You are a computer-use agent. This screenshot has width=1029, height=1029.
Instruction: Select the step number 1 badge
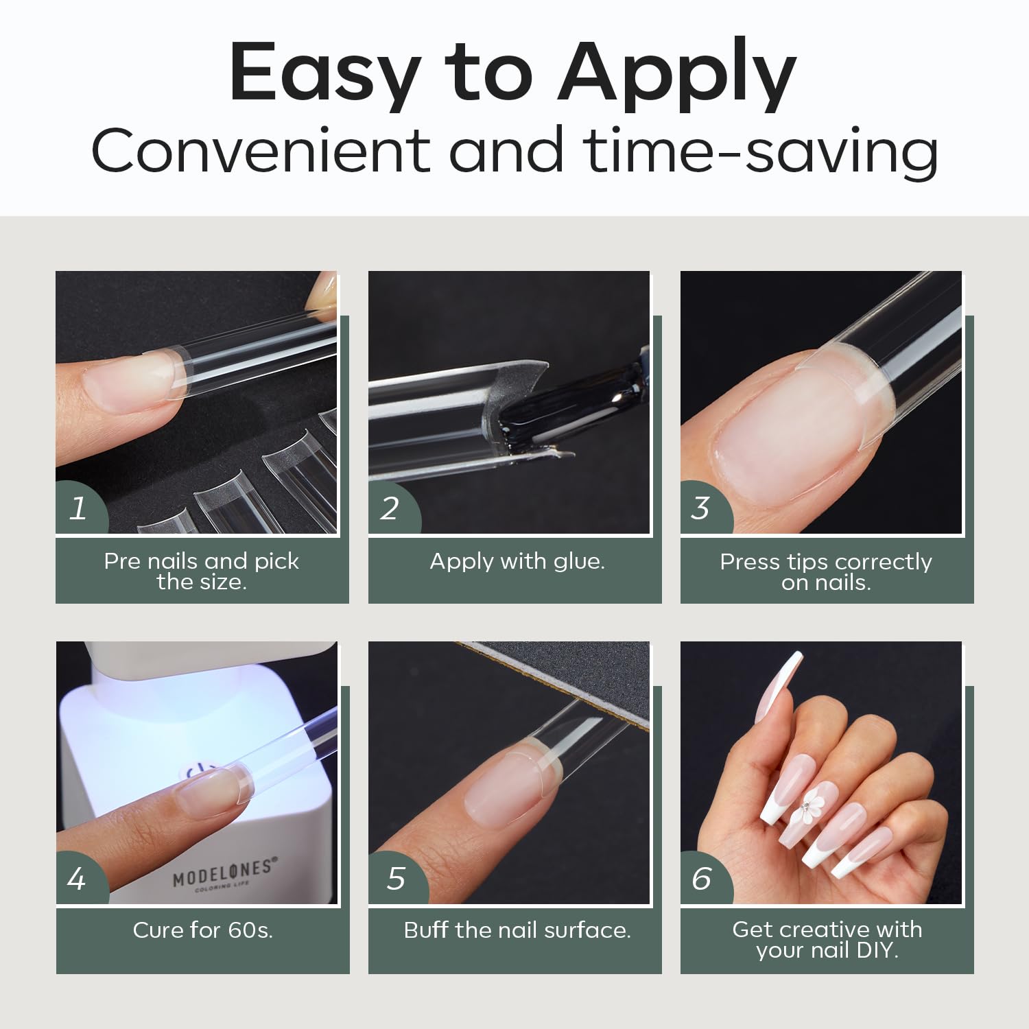pos(79,508)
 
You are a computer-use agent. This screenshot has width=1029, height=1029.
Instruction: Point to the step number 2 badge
pos(390,508)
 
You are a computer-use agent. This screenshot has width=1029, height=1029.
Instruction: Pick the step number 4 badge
pos(78,879)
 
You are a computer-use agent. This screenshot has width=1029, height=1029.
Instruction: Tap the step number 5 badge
pos(395,879)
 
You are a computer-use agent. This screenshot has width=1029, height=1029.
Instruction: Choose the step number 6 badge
pos(702,879)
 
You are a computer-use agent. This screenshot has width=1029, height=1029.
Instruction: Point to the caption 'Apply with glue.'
pos(517,561)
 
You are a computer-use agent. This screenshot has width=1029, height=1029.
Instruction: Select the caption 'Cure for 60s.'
pos(203,930)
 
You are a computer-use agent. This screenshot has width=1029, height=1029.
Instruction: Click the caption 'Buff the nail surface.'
pos(517,930)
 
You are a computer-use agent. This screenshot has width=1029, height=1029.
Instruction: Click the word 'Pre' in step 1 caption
pos(123,561)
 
